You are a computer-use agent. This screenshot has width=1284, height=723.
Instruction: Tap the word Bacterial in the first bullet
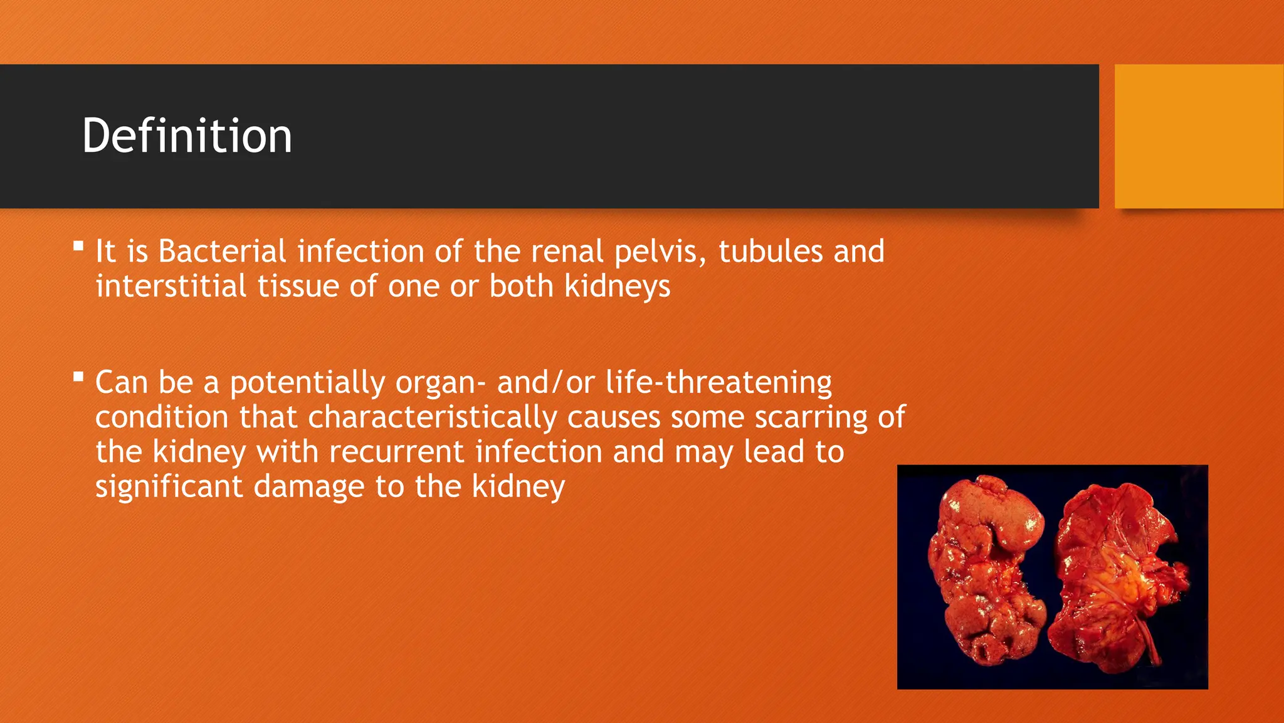pos(222,251)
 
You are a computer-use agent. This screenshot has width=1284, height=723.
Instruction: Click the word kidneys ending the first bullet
pos(617,287)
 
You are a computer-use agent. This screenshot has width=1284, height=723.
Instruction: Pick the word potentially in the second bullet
pos(307,383)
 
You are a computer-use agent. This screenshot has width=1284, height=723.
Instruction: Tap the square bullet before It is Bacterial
pos(78,245)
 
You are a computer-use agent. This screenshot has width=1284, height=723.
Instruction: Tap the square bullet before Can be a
pos(78,377)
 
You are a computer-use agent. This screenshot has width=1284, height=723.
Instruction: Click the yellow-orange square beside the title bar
pos(1199,136)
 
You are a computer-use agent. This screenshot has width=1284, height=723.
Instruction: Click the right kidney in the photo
pos(1116,571)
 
